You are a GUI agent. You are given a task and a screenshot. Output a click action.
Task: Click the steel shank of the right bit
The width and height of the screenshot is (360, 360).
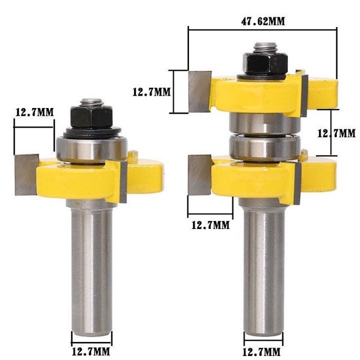[x=263, y=270]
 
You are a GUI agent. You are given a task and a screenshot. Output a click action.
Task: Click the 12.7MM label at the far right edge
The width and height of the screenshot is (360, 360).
[x=336, y=134]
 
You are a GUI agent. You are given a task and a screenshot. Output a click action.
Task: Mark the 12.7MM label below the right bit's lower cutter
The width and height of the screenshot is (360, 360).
[x=210, y=224]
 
